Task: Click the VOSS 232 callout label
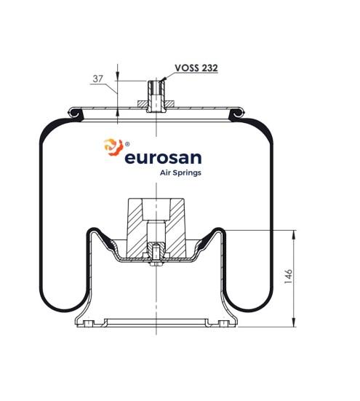[196, 68]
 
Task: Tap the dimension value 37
[97, 79]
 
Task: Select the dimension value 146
[288, 276]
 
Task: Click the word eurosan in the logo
[163, 158]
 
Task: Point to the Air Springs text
[180, 173]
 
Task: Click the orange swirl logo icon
[113, 147]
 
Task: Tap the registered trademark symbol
[127, 144]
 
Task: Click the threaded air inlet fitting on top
[156, 96]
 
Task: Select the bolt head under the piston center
[156, 263]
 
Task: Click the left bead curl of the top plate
[76, 113]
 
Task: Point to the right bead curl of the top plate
[236, 113]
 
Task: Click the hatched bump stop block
[156, 228]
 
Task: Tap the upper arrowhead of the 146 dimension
[294, 234]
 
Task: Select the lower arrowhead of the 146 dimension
[294, 322]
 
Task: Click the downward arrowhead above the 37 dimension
[118, 76]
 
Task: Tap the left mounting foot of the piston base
[86, 322]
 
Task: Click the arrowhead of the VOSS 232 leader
[164, 79]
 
